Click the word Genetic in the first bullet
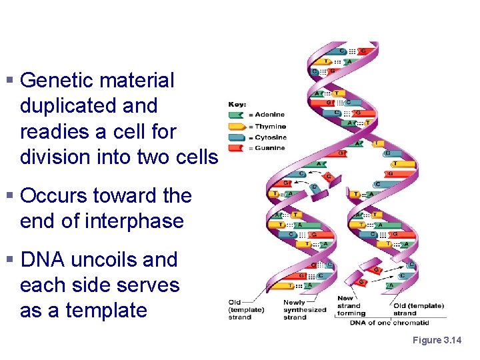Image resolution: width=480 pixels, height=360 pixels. (x=58, y=81)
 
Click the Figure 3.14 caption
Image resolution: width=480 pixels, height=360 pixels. (x=436, y=341)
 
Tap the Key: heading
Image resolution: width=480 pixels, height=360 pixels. (x=238, y=105)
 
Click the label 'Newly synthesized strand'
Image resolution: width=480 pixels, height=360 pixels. (x=305, y=310)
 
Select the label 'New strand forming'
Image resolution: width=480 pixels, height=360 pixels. (x=351, y=306)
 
